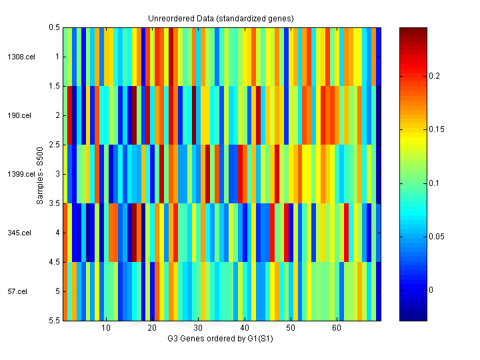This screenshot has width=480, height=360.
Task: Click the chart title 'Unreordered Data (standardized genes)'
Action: [221, 17]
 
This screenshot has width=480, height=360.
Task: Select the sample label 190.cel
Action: [20, 115]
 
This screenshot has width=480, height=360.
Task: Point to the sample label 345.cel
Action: [20, 233]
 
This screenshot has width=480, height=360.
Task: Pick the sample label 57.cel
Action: [18, 291]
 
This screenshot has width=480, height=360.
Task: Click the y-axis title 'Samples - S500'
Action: [41, 175]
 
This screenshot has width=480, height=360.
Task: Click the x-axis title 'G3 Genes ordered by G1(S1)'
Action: [221, 339]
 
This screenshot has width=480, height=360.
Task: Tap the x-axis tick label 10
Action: [105, 329]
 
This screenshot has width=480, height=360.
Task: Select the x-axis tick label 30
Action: [198, 329]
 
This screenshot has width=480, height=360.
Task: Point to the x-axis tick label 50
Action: [290, 329]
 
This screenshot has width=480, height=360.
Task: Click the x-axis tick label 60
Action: [337, 329]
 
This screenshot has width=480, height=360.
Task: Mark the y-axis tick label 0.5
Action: [55, 27]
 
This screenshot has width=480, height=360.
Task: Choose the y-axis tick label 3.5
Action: [55, 203]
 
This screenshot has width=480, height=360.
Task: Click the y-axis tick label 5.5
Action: [55, 321]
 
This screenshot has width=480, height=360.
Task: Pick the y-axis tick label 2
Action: [57, 115]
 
